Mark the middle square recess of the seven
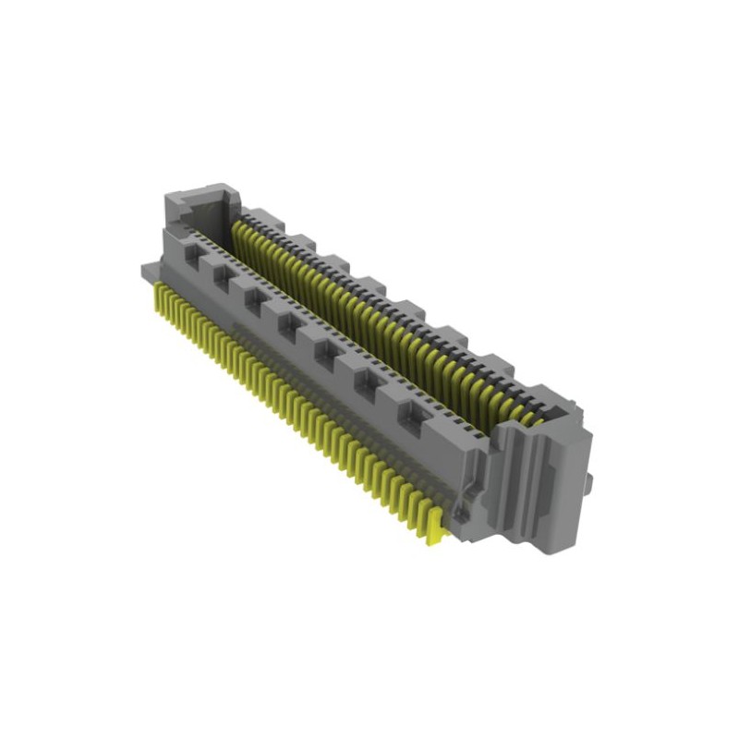(x=287, y=323)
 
